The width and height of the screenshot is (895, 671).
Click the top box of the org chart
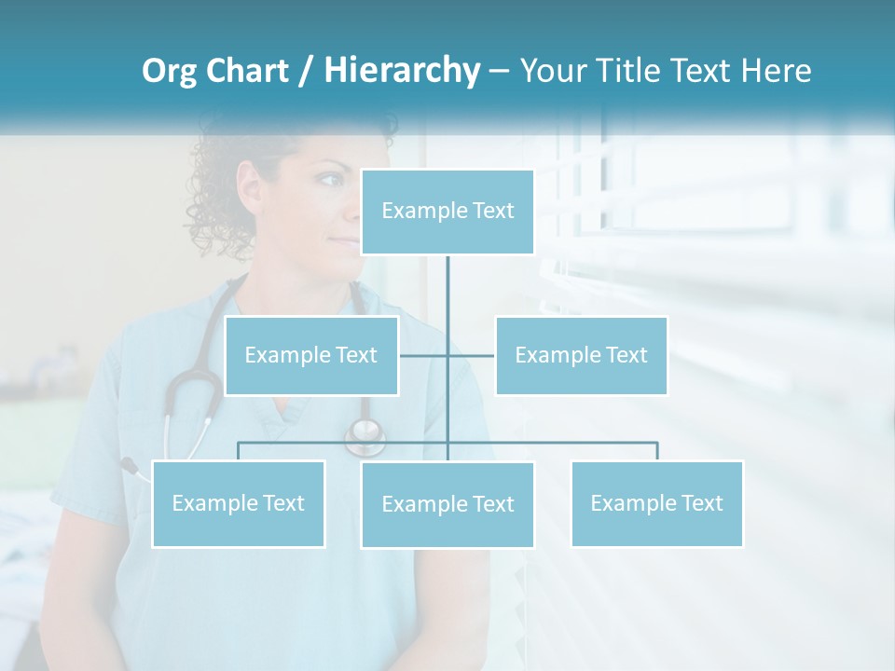(x=447, y=212)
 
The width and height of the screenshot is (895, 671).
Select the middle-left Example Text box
(x=311, y=355)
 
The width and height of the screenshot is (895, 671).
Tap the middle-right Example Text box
(x=581, y=355)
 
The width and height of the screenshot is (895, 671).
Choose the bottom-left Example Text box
(x=238, y=503)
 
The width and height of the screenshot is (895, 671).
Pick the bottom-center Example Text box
(x=447, y=504)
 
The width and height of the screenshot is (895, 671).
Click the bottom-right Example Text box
(x=656, y=503)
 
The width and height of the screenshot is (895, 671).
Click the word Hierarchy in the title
(x=401, y=70)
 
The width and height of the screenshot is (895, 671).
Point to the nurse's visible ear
(x=250, y=183)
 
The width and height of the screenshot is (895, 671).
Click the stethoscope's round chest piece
(x=365, y=433)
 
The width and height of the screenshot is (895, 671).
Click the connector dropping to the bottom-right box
(x=656, y=451)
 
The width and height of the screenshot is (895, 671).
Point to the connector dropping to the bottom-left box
(x=238, y=451)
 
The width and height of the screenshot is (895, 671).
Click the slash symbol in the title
(x=305, y=71)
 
